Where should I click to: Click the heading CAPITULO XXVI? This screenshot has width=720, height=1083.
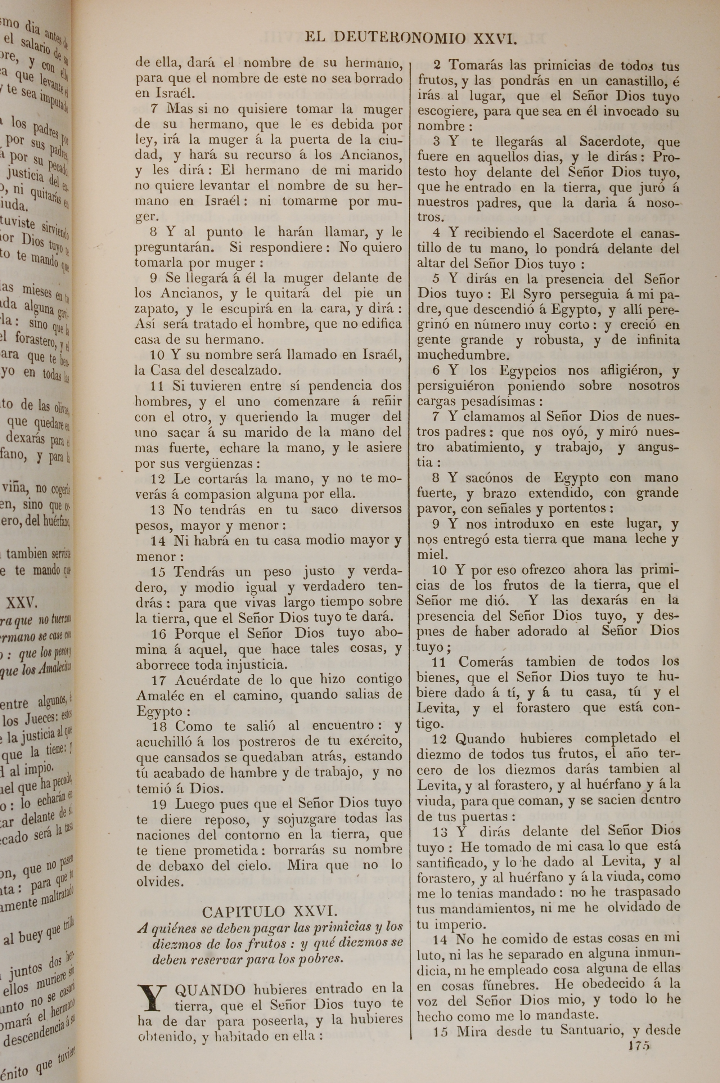pos(270,911)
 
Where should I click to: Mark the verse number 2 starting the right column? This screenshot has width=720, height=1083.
pos(437,65)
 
